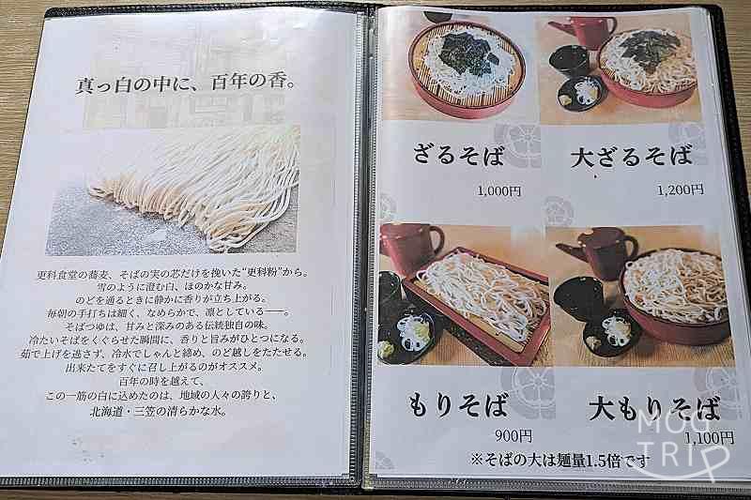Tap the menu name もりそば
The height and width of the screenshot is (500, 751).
(x=459, y=406)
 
